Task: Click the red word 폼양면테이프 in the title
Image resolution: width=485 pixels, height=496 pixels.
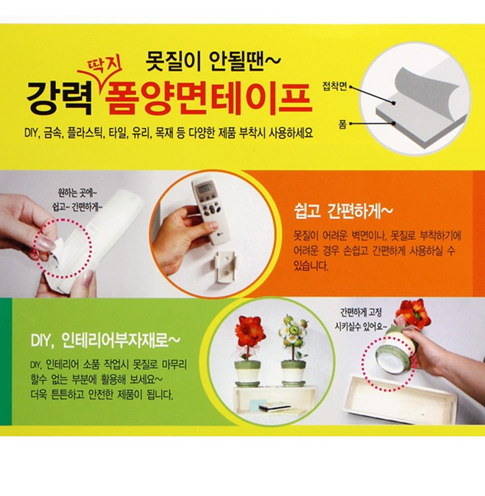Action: pos(209,99)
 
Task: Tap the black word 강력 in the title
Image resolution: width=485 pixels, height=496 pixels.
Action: pos(59,98)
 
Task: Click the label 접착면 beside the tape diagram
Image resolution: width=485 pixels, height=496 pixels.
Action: pos(335,86)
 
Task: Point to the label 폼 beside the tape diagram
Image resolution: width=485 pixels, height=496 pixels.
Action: pos(342,124)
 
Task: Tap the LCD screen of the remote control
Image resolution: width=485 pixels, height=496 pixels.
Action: pos(204,189)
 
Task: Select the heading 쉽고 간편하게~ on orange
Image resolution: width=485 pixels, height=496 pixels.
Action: pos(343,211)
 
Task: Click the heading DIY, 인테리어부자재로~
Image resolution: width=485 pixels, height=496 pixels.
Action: pos(105,340)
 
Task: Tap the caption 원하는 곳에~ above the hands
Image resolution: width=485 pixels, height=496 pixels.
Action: pos(77,192)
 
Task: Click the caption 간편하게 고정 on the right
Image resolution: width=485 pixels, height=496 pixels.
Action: pos(361,313)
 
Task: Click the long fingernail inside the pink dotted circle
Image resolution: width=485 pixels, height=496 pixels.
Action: pos(46,243)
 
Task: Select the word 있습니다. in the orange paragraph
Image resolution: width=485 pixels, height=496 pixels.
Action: pos(311,266)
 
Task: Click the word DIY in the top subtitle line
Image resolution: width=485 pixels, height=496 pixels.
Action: pos(32,133)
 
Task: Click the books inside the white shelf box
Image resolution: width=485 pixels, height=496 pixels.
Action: pos(273,407)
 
